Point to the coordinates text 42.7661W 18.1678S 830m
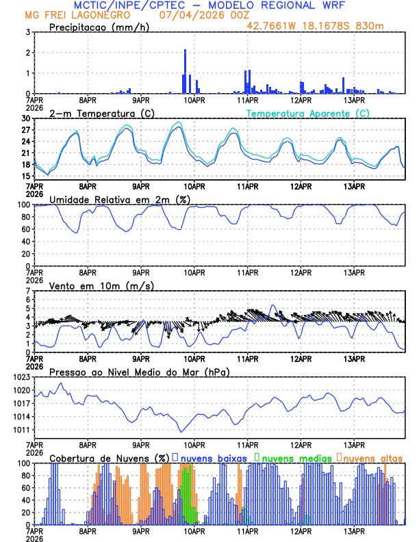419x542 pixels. click(325, 26)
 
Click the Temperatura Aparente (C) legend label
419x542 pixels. click(307, 113)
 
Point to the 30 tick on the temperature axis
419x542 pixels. click(27, 118)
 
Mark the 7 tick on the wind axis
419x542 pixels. click(29, 291)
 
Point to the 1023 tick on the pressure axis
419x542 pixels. click(23, 377)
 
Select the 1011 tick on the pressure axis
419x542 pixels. click(23, 430)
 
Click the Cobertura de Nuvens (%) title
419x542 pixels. click(109, 458)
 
